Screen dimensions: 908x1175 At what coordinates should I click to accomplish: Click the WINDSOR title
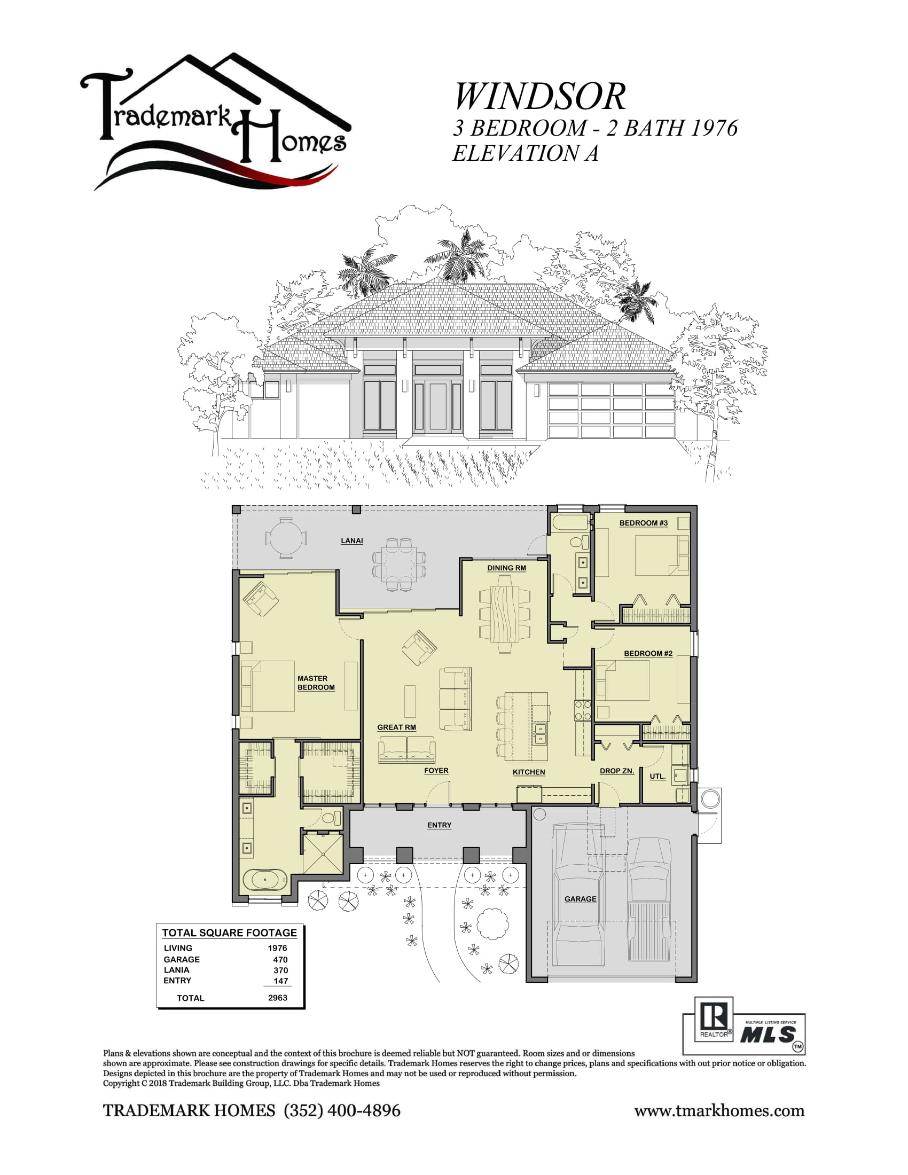tap(539, 97)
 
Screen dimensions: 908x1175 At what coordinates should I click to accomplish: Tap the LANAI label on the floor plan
tap(352, 540)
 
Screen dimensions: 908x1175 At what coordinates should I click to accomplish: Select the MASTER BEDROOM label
tap(316, 683)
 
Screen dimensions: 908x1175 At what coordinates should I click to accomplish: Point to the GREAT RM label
tap(396, 727)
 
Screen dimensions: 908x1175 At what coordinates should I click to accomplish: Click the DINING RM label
tap(507, 568)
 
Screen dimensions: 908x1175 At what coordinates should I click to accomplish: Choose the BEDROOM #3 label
tap(644, 523)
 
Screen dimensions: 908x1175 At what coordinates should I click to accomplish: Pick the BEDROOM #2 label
tap(648, 653)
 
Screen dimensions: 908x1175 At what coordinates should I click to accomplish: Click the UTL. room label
tap(658, 777)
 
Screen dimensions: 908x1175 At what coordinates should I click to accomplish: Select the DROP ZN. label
tap(617, 771)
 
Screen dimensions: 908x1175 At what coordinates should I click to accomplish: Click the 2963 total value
tap(278, 998)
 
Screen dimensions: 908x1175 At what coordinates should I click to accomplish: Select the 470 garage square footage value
tap(280, 959)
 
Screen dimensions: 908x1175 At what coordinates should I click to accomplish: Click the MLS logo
tap(769, 1033)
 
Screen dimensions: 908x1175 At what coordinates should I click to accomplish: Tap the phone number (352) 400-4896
tap(342, 1110)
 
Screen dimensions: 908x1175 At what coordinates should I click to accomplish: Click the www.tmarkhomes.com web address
tap(719, 1111)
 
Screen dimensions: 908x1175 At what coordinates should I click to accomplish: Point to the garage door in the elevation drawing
tap(612, 410)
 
